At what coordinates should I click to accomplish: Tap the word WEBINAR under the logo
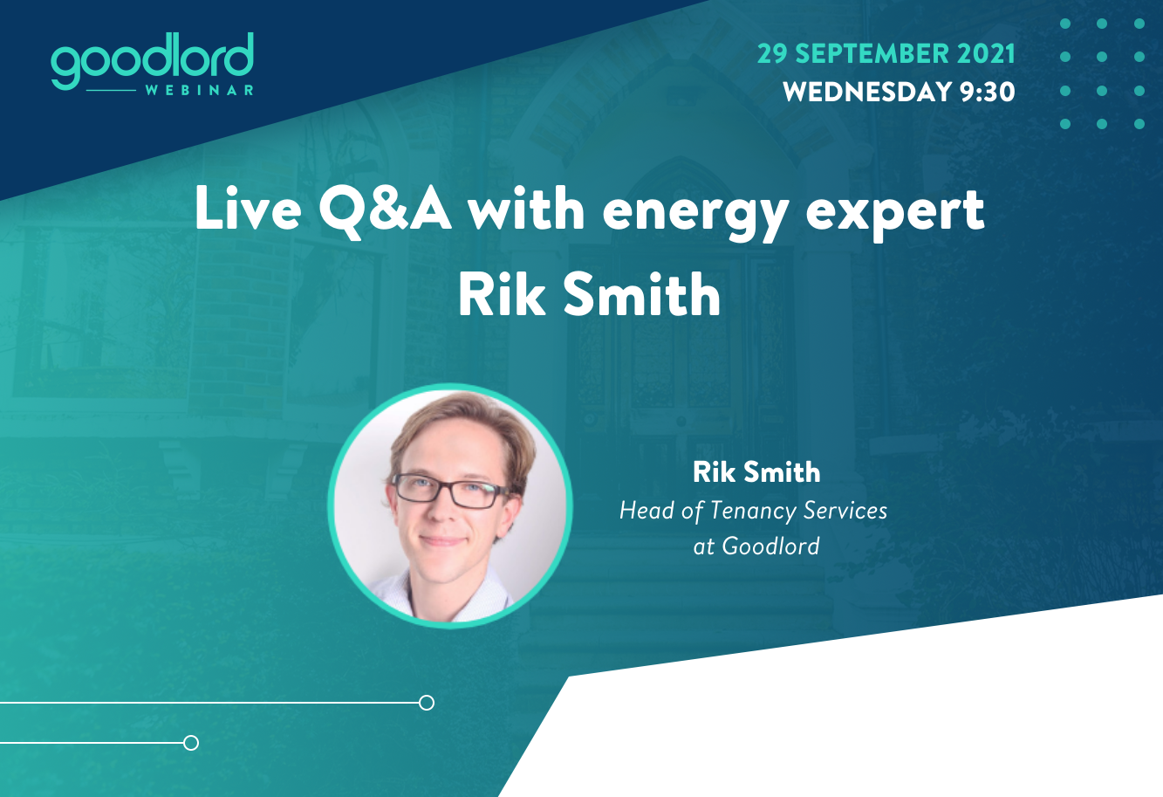click(200, 91)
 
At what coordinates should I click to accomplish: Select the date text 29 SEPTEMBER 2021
click(886, 54)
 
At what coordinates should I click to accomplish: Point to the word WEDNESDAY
click(867, 92)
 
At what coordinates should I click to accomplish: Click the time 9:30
click(987, 92)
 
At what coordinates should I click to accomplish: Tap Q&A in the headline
click(385, 210)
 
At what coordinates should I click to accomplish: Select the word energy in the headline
click(695, 215)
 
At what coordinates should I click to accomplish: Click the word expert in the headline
click(894, 215)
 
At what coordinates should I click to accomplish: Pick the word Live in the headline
click(248, 208)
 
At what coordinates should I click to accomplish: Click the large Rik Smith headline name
click(589, 294)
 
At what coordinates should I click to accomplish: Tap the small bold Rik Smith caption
click(756, 471)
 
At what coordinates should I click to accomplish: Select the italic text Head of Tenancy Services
click(753, 510)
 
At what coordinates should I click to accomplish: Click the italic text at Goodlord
click(756, 546)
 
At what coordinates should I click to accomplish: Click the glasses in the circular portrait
click(449, 490)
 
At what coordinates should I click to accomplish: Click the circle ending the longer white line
click(427, 703)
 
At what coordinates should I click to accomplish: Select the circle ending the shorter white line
click(191, 743)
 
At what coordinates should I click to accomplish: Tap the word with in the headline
click(526, 208)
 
